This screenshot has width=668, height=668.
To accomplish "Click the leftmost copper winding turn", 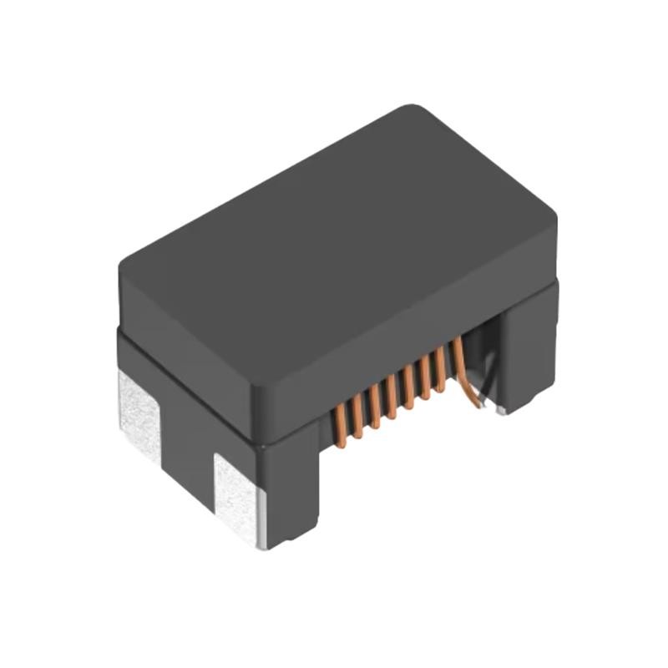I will pos(341,424).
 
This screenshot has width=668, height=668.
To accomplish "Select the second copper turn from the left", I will pos(357,416).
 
